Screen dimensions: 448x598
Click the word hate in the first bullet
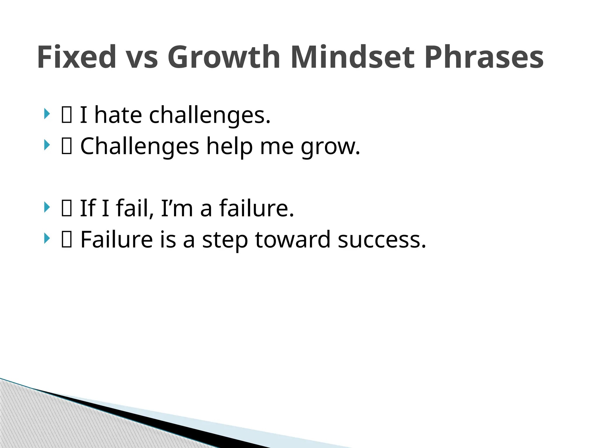118,115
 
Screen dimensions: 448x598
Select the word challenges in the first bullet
210,116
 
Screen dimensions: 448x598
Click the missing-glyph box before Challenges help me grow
67,146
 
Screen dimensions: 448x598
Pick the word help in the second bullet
229,146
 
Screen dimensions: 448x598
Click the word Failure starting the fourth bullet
117,239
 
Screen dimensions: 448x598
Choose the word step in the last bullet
225,240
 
